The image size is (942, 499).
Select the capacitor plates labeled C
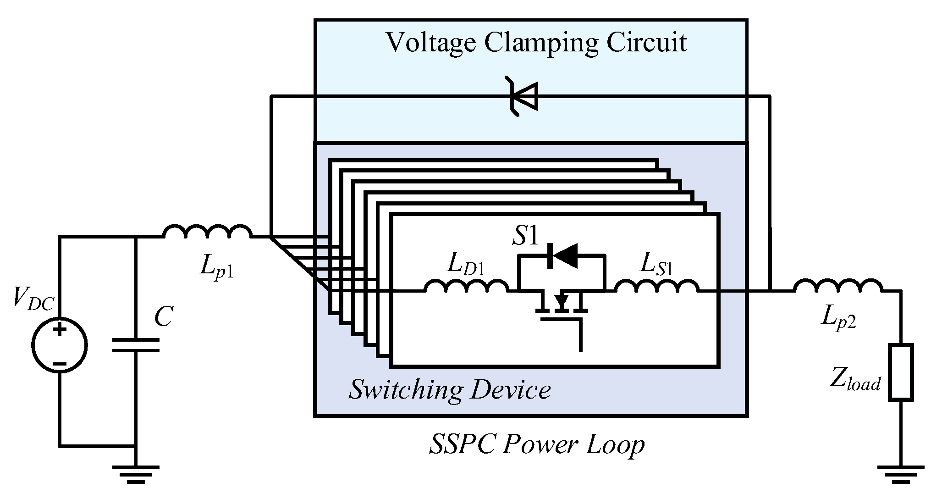[136, 345]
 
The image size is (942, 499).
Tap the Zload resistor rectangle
[901, 372]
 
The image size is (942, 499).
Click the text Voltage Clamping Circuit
[536, 42]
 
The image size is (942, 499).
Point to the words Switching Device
[449, 390]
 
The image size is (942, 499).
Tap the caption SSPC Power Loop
[536, 444]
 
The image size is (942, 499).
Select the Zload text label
[855, 382]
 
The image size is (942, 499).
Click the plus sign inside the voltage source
[60, 329]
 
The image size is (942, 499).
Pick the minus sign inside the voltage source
[60, 364]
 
